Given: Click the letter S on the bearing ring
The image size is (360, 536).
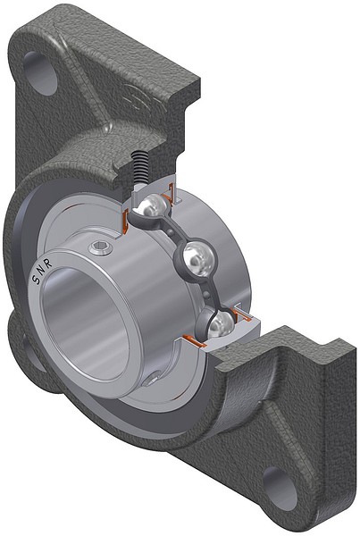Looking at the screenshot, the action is pos(37,279).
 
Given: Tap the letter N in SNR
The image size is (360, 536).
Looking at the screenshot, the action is pos(42,271).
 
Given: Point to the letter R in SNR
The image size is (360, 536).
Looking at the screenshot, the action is pos(48,264).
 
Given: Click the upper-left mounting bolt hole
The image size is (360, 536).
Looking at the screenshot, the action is pos(41,72).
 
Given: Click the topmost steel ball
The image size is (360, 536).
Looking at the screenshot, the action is pos(153,205).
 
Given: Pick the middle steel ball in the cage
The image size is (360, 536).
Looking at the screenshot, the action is pos(197,259).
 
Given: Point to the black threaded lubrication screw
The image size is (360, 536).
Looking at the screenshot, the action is pos(140,168).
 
